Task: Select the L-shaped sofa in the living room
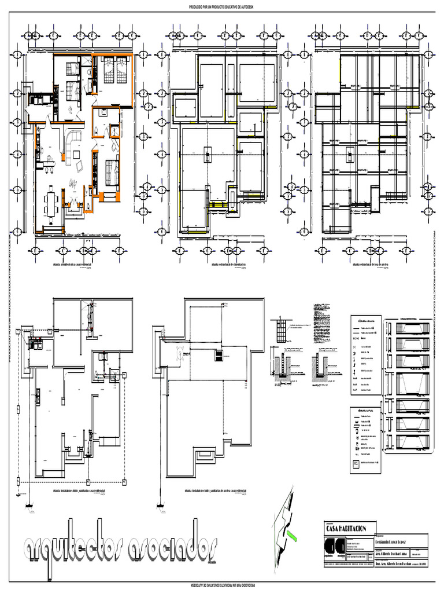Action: pos(72,145)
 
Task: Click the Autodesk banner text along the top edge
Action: pos(222,8)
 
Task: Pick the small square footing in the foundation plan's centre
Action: pos(208,152)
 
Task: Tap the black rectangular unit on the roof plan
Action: pos(219,355)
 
